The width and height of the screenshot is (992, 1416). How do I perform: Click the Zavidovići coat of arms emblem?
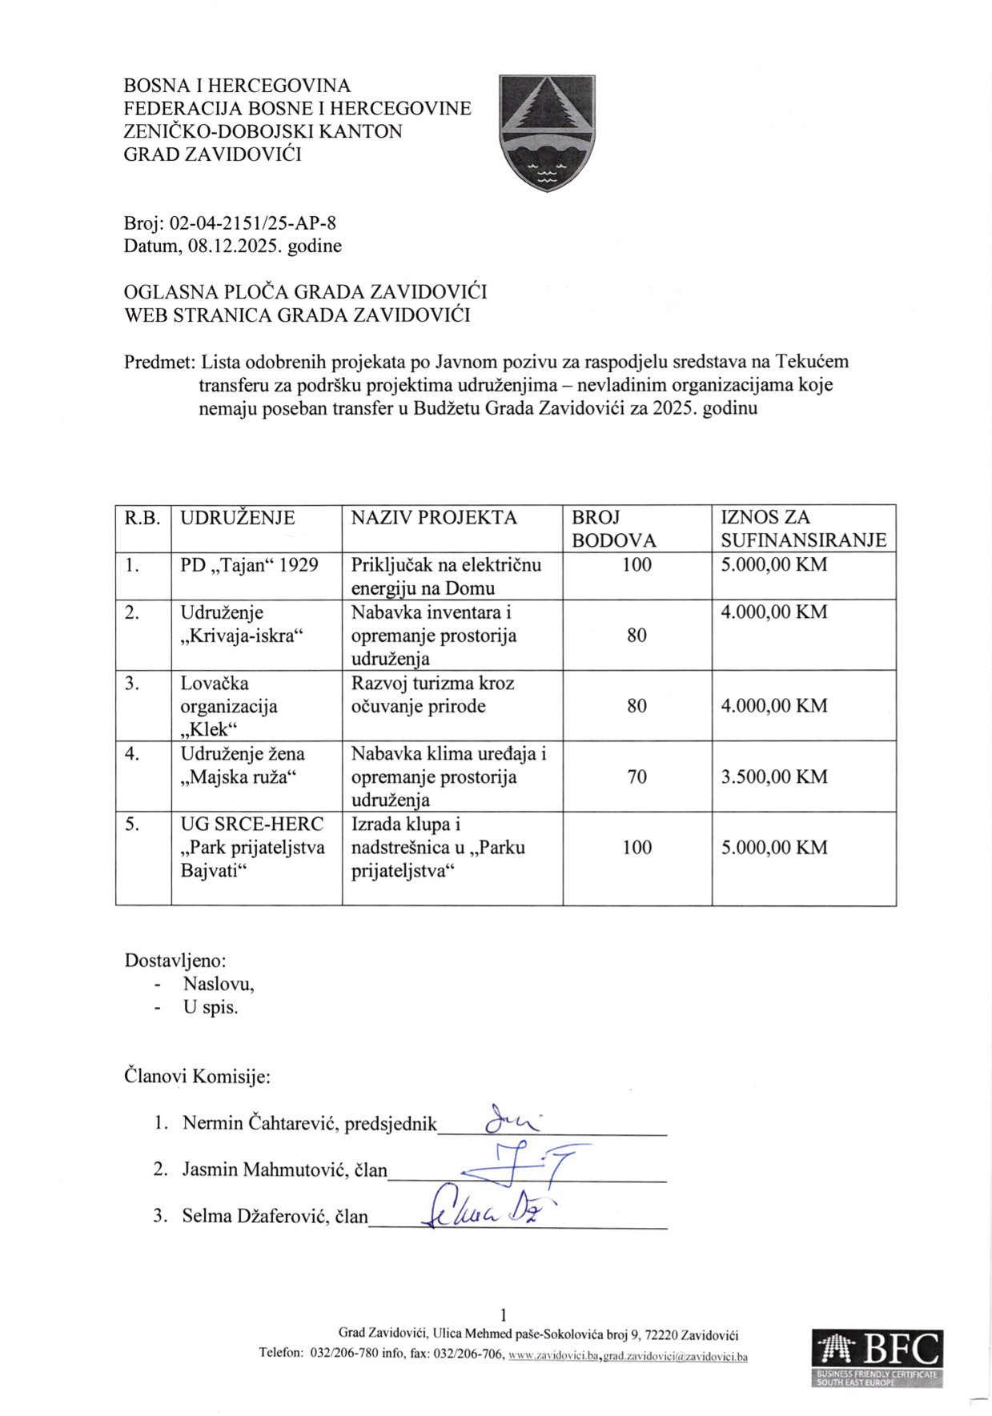click(546, 132)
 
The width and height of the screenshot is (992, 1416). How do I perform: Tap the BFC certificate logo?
click(877, 1358)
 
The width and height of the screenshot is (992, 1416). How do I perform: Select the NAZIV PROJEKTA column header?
click(434, 517)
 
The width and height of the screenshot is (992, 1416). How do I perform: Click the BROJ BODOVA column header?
click(613, 528)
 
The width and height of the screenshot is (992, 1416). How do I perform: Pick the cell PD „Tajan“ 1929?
click(249, 565)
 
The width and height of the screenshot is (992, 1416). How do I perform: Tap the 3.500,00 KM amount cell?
click(773, 776)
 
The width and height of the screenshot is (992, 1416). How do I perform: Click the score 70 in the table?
click(637, 776)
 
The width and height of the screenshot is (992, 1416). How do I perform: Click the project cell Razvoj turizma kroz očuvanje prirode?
click(433, 695)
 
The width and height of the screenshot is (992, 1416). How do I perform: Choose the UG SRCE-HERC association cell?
click(252, 847)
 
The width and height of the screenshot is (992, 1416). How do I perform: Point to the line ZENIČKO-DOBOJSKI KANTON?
click(263, 131)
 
